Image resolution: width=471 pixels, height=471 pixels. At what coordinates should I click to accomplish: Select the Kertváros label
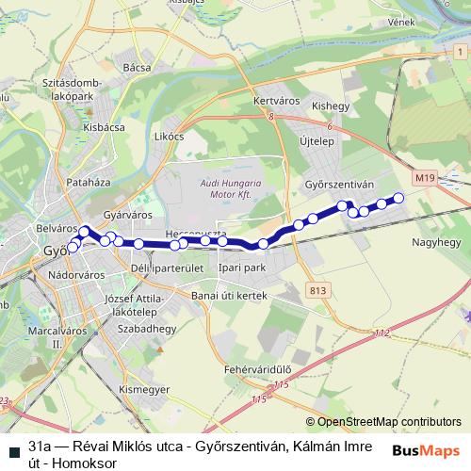click(x=276, y=99)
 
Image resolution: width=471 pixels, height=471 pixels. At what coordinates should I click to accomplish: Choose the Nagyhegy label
click(x=434, y=242)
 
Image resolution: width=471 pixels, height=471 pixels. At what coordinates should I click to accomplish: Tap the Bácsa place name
click(x=137, y=67)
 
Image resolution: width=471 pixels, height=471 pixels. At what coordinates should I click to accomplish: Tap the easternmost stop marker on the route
click(x=398, y=198)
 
